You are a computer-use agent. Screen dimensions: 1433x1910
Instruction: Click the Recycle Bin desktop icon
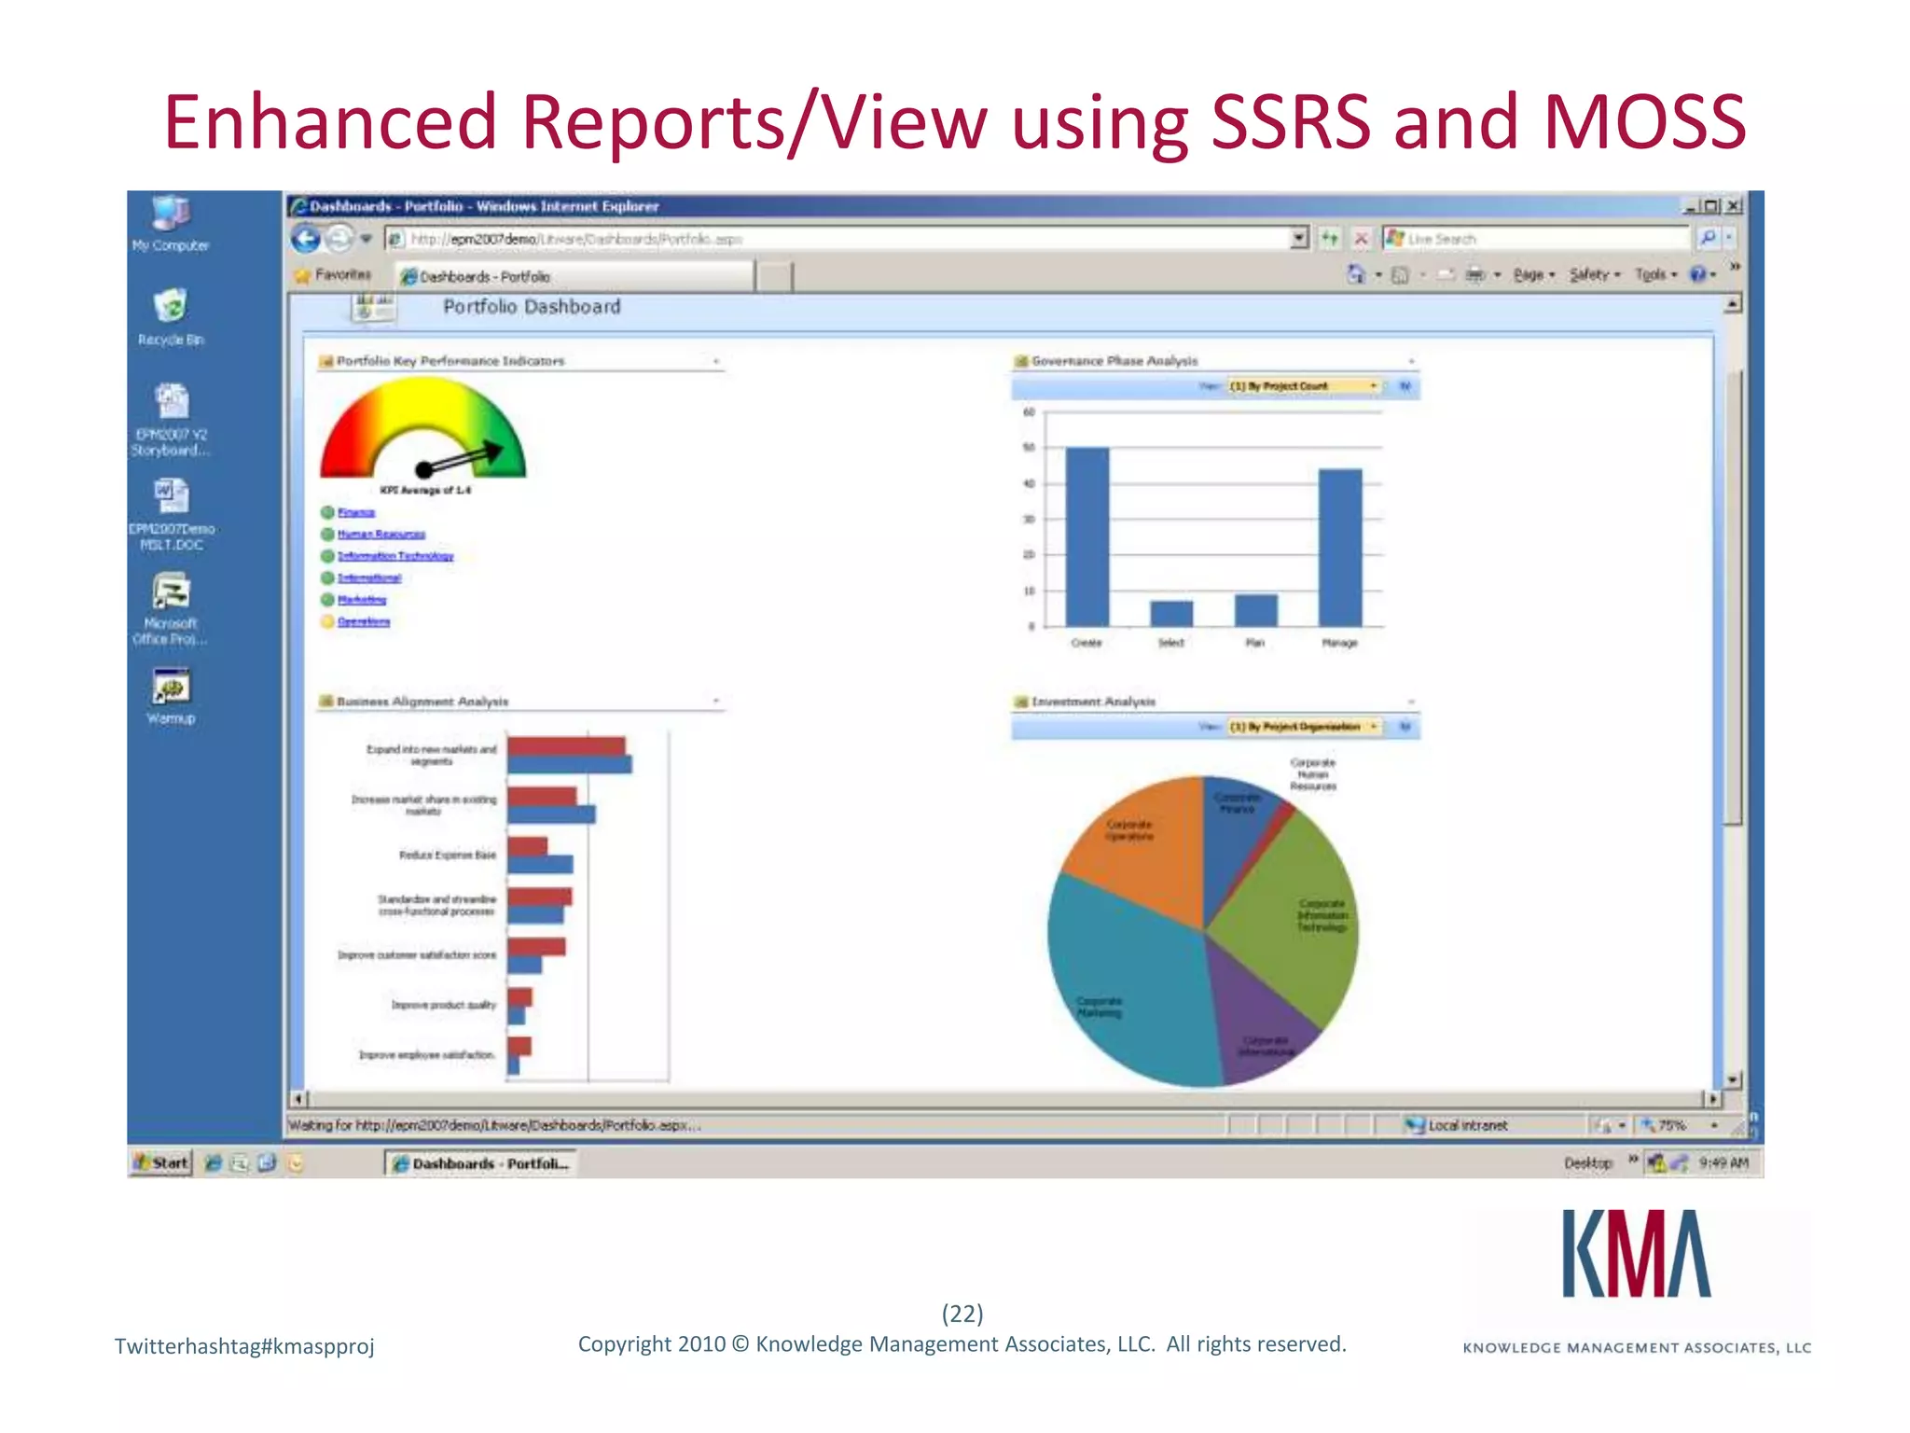(171, 307)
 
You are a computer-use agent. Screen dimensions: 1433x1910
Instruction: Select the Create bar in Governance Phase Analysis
(1086, 536)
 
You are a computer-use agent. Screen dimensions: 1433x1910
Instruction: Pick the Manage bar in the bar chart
(1339, 548)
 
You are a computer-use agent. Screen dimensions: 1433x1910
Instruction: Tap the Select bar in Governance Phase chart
(1170, 613)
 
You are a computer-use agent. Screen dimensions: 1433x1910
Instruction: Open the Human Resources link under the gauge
(381, 535)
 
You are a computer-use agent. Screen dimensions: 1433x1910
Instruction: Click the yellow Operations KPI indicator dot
(327, 621)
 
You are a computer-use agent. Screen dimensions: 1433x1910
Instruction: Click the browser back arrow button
(306, 239)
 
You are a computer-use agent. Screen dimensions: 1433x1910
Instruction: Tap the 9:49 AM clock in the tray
(1723, 1162)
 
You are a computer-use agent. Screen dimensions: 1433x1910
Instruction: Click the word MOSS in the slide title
(1644, 121)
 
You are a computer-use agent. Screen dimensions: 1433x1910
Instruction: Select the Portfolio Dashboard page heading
(531, 307)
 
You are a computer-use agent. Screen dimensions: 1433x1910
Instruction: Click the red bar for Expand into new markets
(566, 746)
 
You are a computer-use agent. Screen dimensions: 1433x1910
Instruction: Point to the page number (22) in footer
(962, 1314)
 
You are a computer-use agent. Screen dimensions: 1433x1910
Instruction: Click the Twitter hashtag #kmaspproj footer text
(244, 1345)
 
